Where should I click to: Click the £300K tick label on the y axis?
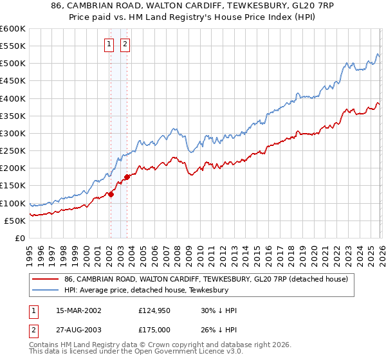click(x=13, y=133)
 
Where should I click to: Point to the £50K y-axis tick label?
click(x=15, y=221)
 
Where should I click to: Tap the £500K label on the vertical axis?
click(x=13, y=64)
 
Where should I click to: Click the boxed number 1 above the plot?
click(x=109, y=44)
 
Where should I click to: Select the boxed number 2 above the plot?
click(x=125, y=44)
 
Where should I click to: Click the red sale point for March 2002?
click(x=111, y=194)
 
